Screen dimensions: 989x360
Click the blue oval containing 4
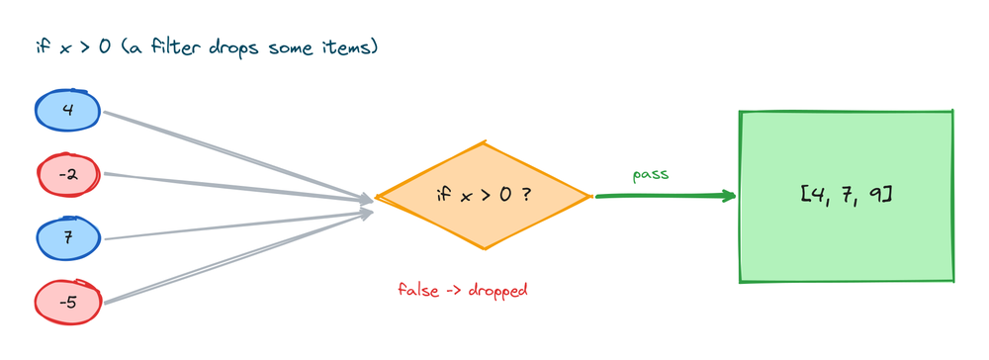click(x=67, y=111)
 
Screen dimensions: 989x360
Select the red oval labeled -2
click(x=67, y=175)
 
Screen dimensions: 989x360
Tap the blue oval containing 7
click(x=67, y=239)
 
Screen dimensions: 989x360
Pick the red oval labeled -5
click(x=67, y=304)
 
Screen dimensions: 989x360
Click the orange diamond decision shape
click(x=484, y=196)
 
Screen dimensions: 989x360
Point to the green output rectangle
click(x=846, y=197)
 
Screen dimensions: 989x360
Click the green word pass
click(x=650, y=175)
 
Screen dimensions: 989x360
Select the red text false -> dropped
click(x=462, y=290)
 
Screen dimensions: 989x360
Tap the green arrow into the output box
click(x=666, y=196)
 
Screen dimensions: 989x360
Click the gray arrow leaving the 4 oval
click(x=238, y=156)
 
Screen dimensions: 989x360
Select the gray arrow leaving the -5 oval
click(x=238, y=258)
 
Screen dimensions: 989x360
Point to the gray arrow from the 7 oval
click(x=238, y=226)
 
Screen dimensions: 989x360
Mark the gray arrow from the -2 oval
click(x=238, y=187)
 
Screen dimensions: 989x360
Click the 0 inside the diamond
click(x=505, y=195)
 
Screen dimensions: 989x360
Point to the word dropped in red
click(x=497, y=291)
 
